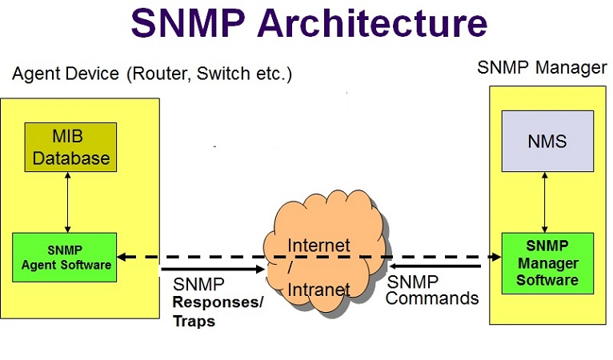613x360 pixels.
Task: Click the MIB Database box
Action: [70, 146]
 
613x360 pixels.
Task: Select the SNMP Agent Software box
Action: [65, 257]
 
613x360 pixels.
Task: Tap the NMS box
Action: [547, 141]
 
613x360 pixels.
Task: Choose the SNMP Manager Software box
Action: [547, 262]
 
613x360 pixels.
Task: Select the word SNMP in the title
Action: [185, 24]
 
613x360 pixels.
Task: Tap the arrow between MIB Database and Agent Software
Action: [68, 202]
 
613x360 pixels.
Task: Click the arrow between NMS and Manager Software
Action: [547, 202]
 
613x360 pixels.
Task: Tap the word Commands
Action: [433, 298]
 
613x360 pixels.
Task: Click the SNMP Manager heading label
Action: [542, 67]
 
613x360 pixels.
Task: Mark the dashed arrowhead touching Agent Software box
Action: [122, 257]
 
